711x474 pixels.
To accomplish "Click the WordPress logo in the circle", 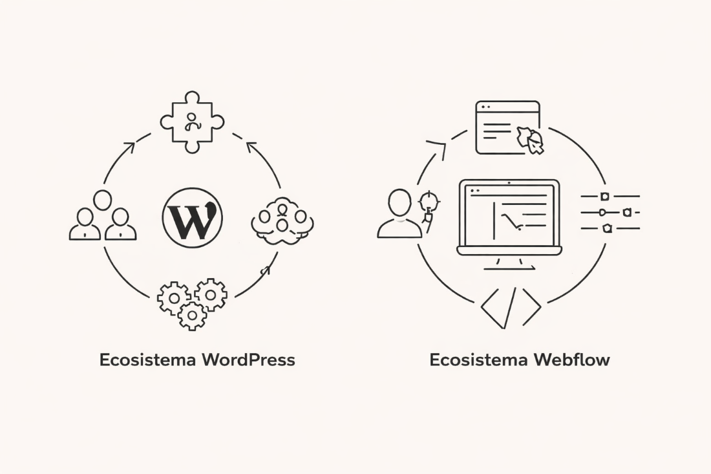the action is click(193, 218).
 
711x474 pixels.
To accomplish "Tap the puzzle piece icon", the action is click(192, 122).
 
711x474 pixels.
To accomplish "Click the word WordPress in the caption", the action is click(249, 360).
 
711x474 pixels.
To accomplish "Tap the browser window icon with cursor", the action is click(508, 127).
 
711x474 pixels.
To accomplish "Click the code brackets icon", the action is click(511, 308).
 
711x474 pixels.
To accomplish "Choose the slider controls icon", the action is click(610, 211).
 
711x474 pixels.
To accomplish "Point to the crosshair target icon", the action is click(429, 202).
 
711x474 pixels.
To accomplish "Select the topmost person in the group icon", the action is click(103, 200).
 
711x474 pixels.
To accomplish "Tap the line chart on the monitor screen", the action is click(514, 222).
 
